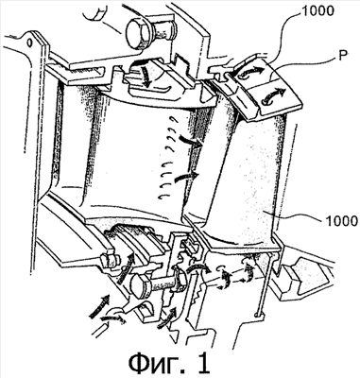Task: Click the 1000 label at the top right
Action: point(317,11)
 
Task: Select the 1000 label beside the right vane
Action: point(341,220)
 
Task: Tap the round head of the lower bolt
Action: point(141,285)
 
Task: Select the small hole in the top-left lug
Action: point(29,42)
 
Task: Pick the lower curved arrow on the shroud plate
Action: point(275,95)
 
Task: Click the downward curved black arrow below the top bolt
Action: point(145,76)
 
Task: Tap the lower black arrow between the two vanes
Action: point(186,177)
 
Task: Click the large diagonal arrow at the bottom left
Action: point(100,305)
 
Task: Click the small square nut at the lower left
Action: point(110,260)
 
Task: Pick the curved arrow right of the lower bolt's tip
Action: point(197,270)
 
